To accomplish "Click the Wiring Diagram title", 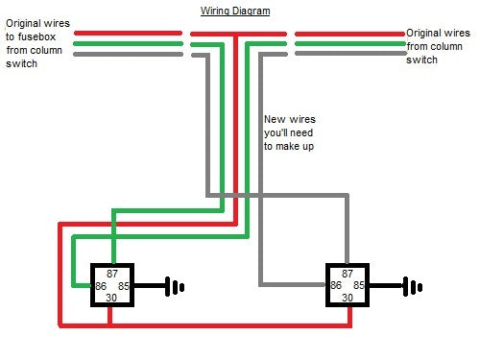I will pyautogui.click(x=235, y=12).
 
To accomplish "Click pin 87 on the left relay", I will pyautogui.click(x=111, y=273).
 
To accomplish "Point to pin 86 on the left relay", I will pyautogui.click(x=100, y=285).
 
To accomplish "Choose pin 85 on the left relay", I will pyautogui.click(x=123, y=285).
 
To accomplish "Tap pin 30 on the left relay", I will pyautogui.click(x=111, y=298).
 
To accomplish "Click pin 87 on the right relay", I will pyautogui.click(x=348, y=273).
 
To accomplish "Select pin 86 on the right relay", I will pyautogui.click(x=336, y=285).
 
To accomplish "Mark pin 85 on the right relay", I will pyautogui.click(x=359, y=285).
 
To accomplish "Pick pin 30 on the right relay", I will pyautogui.click(x=348, y=298).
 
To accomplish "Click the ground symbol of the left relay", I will pyautogui.click(x=174, y=286).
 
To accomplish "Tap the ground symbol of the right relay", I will pyautogui.click(x=413, y=286).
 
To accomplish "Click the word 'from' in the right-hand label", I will pyautogui.click(x=420, y=45).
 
